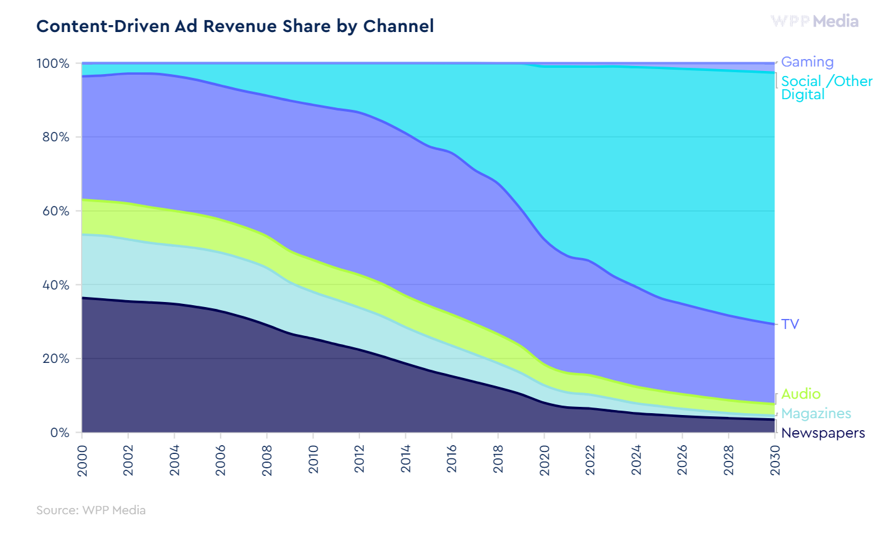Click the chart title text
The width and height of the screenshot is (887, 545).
[x=235, y=26]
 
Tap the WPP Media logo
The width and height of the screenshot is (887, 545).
[x=814, y=21]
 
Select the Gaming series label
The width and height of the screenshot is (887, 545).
[x=807, y=62]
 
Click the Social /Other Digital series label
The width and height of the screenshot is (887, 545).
[x=826, y=88]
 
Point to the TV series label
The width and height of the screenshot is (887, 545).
[x=790, y=324]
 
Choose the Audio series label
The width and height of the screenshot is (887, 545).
[x=801, y=394]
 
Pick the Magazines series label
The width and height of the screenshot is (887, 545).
[x=816, y=413]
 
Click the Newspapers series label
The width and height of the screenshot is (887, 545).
[x=823, y=433]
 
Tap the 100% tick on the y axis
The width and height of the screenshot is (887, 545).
[x=53, y=63]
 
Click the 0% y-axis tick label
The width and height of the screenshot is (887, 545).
[x=59, y=433]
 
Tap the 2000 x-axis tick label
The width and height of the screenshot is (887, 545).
[x=82, y=461]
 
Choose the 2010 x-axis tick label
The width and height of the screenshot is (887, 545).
[x=313, y=461]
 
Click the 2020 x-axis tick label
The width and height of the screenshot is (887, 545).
[x=545, y=461]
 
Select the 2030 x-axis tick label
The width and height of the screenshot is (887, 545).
[x=775, y=461]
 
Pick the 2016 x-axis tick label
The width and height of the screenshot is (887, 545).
[x=452, y=461]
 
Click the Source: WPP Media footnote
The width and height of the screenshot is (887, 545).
[x=91, y=510]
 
